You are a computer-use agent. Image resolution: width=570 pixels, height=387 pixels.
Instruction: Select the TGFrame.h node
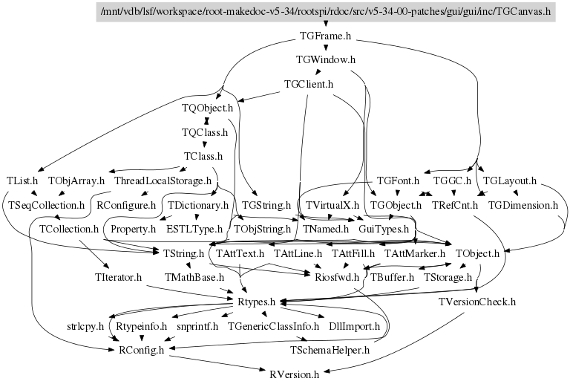(x=326, y=36)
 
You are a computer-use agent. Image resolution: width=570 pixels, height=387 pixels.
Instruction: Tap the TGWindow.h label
(x=326, y=59)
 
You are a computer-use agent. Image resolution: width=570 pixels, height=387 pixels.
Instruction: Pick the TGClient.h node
(x=308, y=84)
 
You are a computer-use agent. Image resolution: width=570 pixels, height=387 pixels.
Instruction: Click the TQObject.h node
(x=208, y=108)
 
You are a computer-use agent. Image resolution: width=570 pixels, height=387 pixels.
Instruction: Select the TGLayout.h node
(x=510, y=181)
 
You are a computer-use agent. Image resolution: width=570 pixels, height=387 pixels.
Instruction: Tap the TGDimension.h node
(x=524, y=205)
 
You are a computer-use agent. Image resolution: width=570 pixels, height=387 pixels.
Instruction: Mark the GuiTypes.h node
(x=384, y=229)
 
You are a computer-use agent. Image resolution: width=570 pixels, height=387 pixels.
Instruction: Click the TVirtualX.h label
(x=332, y=205)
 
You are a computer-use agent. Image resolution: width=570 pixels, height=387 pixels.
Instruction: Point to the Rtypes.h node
(x=256, y=302)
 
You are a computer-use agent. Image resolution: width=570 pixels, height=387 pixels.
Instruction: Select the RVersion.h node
(x=295, y=374)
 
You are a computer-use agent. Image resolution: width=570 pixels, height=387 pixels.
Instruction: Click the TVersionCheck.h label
(x=477, y=302)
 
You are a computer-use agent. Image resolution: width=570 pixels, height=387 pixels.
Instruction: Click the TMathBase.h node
(x=194, y=277)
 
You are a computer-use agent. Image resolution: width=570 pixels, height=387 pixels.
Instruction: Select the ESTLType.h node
(x=194, y=229)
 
